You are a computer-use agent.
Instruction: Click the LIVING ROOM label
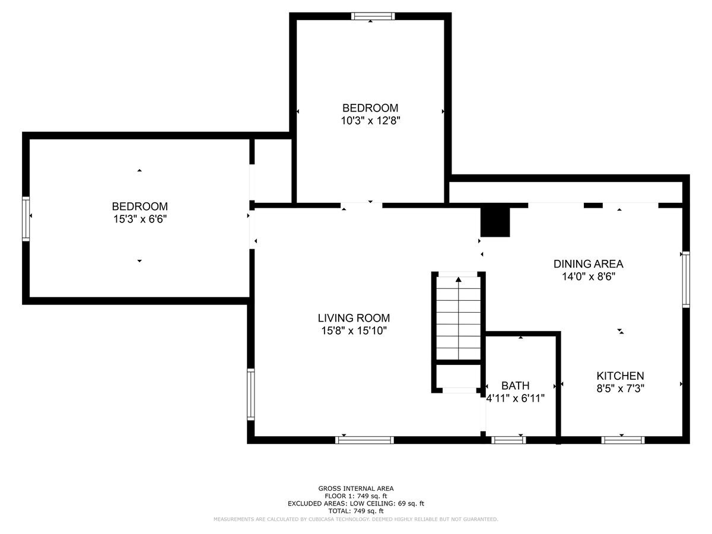[x=353, y=318]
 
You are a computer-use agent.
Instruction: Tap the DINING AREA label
[x=588, y=264]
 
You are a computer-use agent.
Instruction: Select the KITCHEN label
[x=620, y=376]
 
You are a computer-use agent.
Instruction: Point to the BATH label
[x=515, y=386]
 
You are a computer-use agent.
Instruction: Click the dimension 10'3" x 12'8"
[x=370, y=120]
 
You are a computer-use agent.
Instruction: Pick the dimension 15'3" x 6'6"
[x=139, y=218]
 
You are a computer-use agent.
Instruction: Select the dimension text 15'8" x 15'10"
[x=353, y=330]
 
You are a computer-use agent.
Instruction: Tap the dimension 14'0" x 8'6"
[x=588, y=276]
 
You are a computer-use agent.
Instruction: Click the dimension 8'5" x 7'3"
[x=620, y=388]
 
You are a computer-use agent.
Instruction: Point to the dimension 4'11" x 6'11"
[x=515, y=398]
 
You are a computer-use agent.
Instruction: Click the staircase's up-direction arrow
[x=458, y=279]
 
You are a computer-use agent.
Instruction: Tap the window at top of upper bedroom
[x=373, y=16]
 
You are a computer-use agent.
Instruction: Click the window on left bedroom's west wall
[x=26, y=218]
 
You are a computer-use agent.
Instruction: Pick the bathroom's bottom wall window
[x=508, y=440]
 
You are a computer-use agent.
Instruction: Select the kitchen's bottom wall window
[x=622, y=440]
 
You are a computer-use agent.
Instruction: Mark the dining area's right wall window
[x=686, y=279]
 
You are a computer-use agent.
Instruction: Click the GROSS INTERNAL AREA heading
[x=355, y=489]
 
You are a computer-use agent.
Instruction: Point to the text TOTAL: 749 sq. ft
[x=355, y=511]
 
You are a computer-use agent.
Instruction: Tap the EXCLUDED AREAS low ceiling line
[x=355, y=504]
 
